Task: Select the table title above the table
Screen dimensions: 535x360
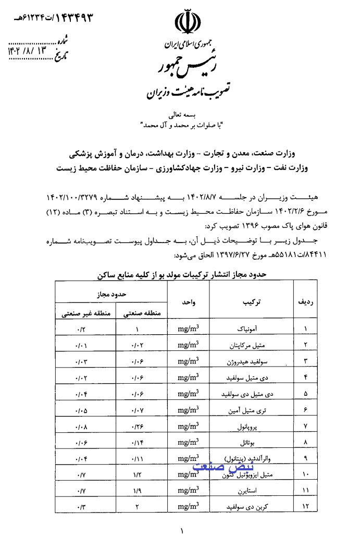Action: coord(179,273)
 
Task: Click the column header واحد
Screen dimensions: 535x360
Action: coord(188,302)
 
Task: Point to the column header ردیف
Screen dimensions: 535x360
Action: coord(305,302)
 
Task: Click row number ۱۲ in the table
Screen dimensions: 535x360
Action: coord(305,507)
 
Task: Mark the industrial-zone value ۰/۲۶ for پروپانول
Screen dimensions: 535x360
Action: coord(138,426)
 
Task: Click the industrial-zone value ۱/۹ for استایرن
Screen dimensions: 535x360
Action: coord(138,491)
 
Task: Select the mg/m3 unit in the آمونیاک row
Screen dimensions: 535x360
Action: coord(188,330)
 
